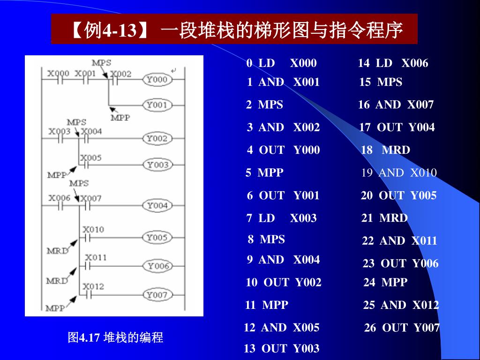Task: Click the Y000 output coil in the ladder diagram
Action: pos(157,80)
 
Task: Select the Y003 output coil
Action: pos(157,165)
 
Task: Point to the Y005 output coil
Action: pos(156,238)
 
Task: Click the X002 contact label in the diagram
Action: pos(120,74)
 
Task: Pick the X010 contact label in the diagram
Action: pos(93,229)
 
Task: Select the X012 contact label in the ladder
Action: pos(93,286)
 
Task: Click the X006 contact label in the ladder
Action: pos(60,198)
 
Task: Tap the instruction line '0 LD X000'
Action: pos(281,63)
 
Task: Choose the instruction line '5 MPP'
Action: pos(264,172)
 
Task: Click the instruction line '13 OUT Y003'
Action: pos(281,348)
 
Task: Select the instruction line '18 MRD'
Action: pos(385,150)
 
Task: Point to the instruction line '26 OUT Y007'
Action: pos(402,328)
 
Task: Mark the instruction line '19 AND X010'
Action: pos(398,172)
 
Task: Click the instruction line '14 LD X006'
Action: pos(393,63)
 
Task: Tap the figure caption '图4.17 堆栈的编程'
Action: pos(115,337)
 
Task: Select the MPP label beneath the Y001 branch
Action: pos(120,118)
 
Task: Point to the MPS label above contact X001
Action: pos(101,62)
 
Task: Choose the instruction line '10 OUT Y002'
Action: pos(284,282)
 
